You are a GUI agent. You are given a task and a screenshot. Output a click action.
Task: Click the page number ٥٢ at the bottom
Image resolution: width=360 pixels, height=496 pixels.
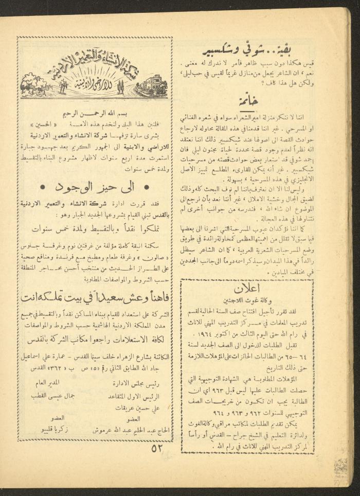157,447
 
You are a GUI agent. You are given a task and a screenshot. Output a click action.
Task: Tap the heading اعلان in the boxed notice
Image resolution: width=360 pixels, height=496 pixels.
247,288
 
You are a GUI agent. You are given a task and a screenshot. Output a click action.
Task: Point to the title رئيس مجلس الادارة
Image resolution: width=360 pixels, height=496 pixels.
132,383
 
